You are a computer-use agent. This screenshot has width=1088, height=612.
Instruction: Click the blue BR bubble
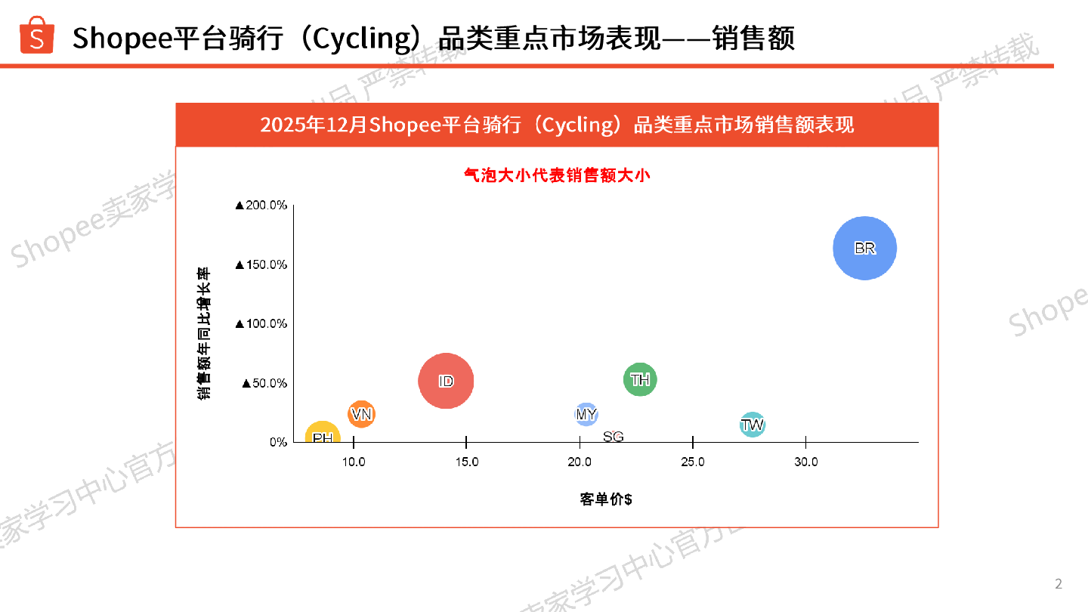[864, 248]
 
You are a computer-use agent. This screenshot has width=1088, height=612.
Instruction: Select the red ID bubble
[446, 382]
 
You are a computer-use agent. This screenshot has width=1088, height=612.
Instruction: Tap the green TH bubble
[640, 379]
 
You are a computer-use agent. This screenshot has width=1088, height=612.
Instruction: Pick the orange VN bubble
[362, 414]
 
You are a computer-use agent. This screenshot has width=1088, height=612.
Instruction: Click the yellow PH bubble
[323, 437]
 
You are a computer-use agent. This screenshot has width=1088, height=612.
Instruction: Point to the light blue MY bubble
[586, 414]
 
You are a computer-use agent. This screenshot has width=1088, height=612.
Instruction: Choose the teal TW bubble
[752, 425]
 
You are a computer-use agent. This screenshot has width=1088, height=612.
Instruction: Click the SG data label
[614, 437]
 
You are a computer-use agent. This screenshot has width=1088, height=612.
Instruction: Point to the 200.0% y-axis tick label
[261, 206]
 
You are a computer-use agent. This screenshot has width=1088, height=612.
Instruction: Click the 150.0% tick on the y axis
[261, 264]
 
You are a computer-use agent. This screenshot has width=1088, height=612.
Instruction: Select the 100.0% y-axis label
[261, 323]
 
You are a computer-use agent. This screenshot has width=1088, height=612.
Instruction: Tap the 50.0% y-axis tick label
[264, 383]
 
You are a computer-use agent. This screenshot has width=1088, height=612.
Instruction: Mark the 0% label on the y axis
[278, 442]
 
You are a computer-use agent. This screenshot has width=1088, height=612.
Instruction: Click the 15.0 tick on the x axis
[466, 462]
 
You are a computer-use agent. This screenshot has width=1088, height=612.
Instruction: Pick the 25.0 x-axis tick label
[692, 462]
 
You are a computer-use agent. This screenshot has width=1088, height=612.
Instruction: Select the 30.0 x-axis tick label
[805, 462]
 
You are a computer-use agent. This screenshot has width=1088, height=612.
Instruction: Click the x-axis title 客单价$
[606, 499]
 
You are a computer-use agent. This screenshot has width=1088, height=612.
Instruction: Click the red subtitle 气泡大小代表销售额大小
[557, 175]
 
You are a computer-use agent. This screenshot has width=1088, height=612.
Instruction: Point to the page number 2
[1059, 583]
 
